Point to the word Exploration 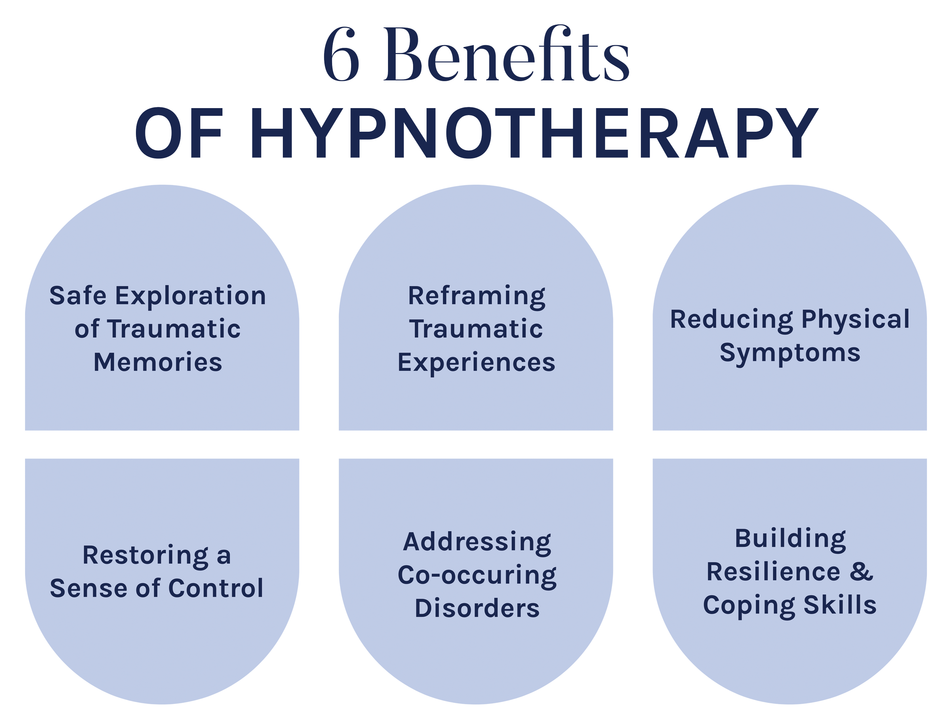point(190,297)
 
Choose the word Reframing point(476,297)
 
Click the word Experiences point(476,363)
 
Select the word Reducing point(731,320)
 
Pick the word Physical point(855,320)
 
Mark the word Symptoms point(790,353)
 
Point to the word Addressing point(477,542)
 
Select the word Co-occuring point(477,575)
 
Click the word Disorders point(477,608)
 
